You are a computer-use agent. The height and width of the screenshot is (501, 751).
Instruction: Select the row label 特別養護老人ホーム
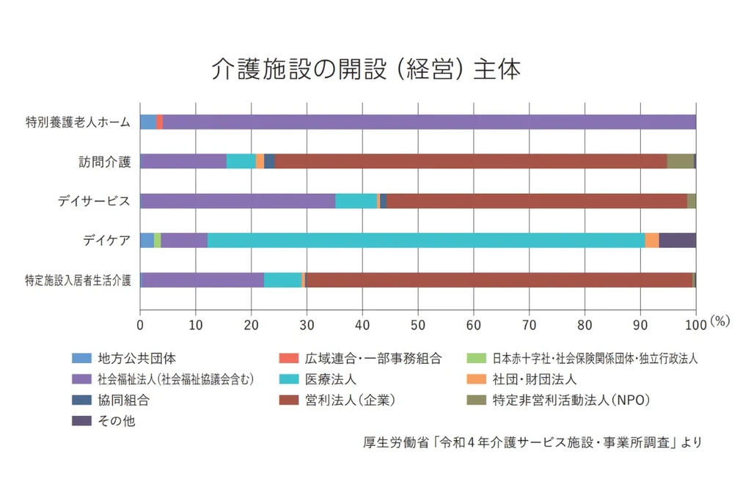[78, 122]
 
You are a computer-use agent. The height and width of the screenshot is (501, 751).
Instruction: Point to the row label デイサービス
[95, 201]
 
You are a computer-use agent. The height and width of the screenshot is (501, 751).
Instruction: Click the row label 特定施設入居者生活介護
[78, 280]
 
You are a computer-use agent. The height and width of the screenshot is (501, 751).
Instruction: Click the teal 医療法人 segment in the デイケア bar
[425, 241]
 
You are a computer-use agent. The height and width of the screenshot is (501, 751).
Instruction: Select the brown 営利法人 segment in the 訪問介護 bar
[470, 161]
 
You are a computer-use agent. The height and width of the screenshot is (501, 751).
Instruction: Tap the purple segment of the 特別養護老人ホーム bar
[429, 122]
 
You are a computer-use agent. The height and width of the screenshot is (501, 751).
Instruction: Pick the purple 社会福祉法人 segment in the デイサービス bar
[238, 201]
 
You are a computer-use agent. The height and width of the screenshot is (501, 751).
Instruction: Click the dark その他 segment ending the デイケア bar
[677, 241]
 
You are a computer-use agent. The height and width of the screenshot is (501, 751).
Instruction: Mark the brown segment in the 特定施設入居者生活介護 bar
[499, 280]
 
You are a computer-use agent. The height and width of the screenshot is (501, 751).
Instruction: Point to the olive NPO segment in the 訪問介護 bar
[680, 161]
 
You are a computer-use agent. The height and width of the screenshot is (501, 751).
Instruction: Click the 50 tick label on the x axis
[417, 323]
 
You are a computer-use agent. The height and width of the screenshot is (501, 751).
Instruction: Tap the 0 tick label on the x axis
[140, 323]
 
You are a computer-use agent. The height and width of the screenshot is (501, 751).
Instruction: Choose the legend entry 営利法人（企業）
[341, 400]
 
